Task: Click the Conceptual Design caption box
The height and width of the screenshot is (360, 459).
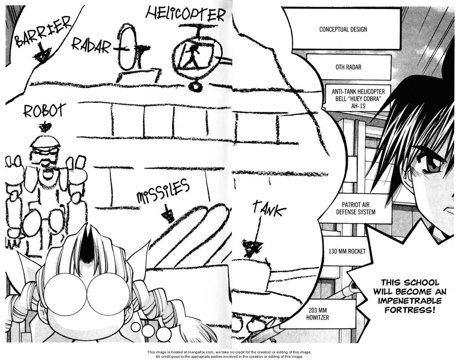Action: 343,29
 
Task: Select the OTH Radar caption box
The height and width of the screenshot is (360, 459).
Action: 348,67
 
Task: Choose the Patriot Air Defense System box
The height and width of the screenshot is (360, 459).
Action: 356,208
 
